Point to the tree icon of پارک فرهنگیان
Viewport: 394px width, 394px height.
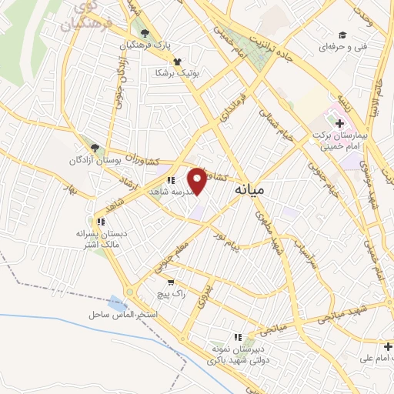pos(144,32)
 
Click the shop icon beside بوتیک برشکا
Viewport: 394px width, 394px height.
pos(178,62)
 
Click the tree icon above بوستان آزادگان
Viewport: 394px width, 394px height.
pos(94,147)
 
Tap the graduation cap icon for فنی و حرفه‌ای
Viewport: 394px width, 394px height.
pos(342,35)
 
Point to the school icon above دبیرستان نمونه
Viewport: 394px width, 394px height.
pos(239,336)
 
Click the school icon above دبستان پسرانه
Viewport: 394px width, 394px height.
pos(101,221)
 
